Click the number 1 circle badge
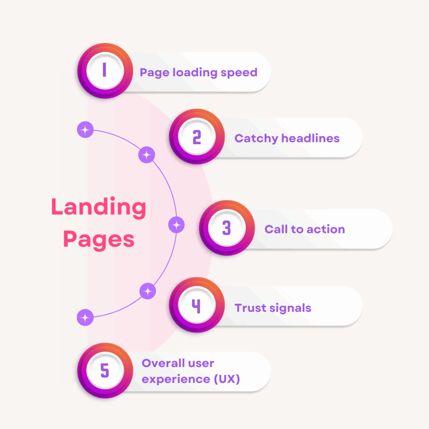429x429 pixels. point(104,71)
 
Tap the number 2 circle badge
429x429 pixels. point(196,137)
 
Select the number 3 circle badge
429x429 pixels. point(226,228)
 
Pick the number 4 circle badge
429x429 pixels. point(196,307)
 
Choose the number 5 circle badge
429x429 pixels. point(104,370)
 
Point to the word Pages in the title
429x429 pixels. point(99,240)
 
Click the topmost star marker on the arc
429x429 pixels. point(85,130)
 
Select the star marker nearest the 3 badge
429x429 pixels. point(176,225)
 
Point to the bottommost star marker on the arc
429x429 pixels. point(85,317)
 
